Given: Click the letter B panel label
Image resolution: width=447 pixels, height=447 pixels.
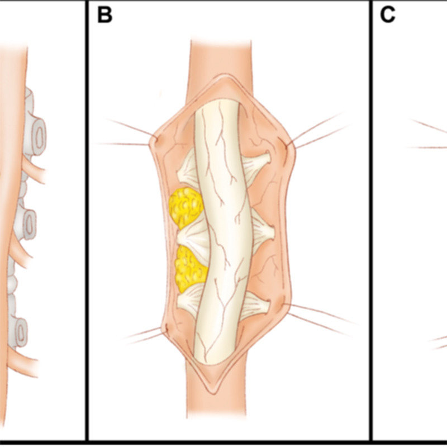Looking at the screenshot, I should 104,15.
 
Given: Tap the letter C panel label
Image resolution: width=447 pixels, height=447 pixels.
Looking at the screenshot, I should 387,15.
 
